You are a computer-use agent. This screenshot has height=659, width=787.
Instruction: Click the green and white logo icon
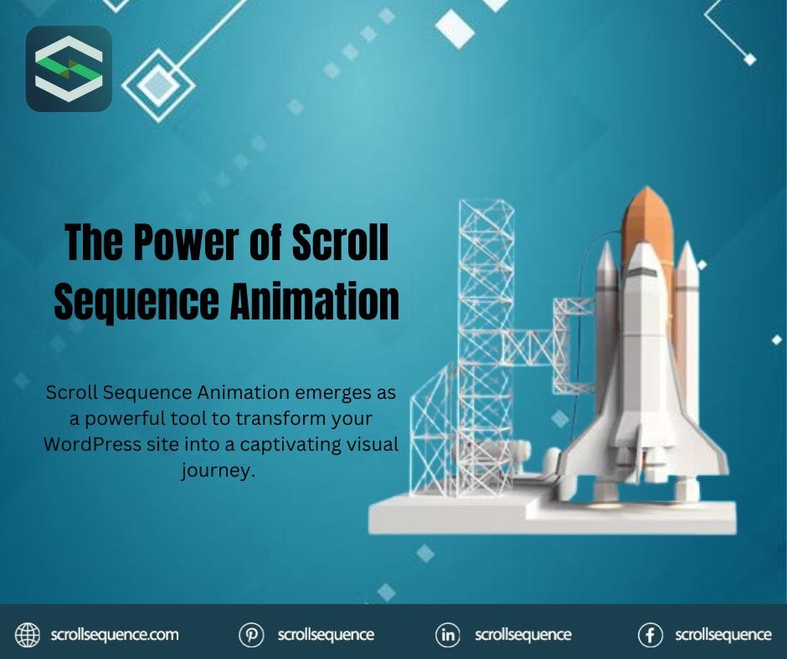pos(69,69)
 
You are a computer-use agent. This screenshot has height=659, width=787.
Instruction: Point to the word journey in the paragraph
pos(217,470)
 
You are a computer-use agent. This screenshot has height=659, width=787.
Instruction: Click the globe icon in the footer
pos(28,635)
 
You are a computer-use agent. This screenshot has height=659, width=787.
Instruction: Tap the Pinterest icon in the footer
pos(251,635)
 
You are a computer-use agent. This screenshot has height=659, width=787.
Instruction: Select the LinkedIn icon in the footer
pos(449,635)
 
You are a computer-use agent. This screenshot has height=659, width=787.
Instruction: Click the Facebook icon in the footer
pos(650,635)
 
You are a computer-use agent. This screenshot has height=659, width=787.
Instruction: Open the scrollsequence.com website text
pos(115,635)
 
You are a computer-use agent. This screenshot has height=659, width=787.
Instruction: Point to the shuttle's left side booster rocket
pos(606,335)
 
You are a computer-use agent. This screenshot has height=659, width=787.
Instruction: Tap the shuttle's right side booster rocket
pos(687,335)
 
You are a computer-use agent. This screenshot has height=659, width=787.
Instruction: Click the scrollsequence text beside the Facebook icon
pos(723,635)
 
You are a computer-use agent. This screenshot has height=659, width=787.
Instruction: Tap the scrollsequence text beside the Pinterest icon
pos(326,635)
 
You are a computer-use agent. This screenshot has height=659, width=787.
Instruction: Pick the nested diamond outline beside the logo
pos(157,83)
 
